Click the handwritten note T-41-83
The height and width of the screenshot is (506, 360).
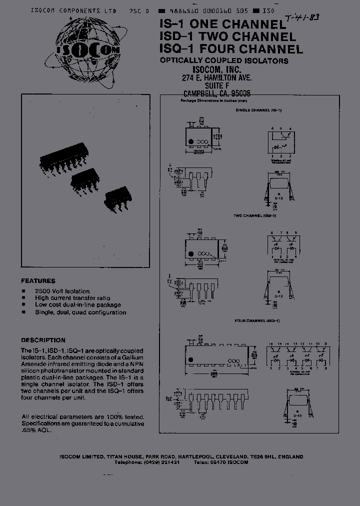[x=302, y=19]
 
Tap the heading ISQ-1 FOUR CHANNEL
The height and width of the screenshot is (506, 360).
[x=231, y=49]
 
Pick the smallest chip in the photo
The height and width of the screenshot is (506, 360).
[x=118, y=197]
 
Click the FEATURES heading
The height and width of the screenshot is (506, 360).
[x=38, y=281]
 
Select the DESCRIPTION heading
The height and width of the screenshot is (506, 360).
[x=43, y=340]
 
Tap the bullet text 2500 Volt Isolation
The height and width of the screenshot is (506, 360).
[x=62, y=291]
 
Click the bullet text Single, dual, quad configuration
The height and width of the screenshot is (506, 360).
[x=80, y=312]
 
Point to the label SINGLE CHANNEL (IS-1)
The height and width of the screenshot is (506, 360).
[x=258, y=109]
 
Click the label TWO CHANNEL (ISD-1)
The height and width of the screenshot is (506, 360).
[x=254, y=215]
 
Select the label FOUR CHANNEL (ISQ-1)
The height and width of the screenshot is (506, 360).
[x=257, y=320]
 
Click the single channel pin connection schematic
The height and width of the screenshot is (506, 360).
[x=281, y=142]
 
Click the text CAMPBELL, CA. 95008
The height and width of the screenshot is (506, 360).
[x=217, y=93]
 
